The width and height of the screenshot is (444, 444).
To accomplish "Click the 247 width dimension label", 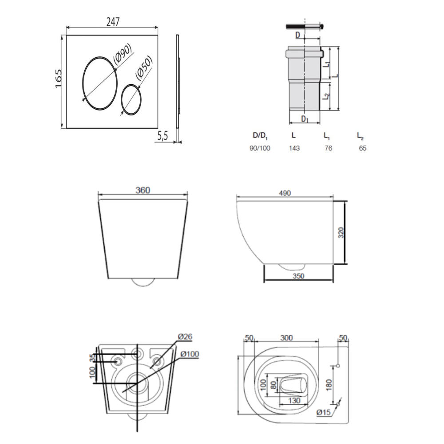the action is (113, 22).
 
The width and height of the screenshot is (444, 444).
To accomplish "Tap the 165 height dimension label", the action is (58, 79).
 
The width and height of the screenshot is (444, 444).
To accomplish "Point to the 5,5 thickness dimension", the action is (163, 136).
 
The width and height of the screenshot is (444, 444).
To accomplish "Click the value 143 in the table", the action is (294, 148).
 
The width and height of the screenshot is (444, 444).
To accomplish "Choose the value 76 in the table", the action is (329, 148).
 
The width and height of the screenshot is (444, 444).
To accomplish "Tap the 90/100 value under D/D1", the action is (260, 148).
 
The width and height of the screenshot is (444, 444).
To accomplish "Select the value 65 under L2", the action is (362, 148).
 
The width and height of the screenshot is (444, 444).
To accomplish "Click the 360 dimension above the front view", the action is (143, 190).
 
